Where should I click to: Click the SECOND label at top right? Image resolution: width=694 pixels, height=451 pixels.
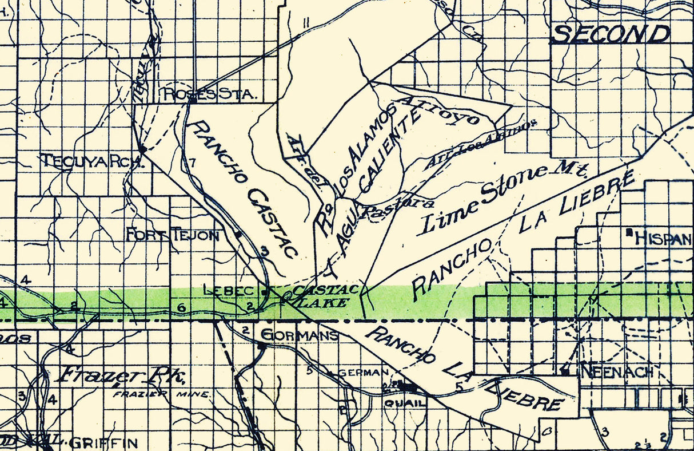612,34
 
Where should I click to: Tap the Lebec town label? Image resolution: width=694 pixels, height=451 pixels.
228,291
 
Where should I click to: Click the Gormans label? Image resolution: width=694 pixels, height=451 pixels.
300,335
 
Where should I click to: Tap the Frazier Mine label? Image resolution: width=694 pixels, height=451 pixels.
162,395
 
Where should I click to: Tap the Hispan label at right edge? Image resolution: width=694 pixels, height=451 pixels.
663,238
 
